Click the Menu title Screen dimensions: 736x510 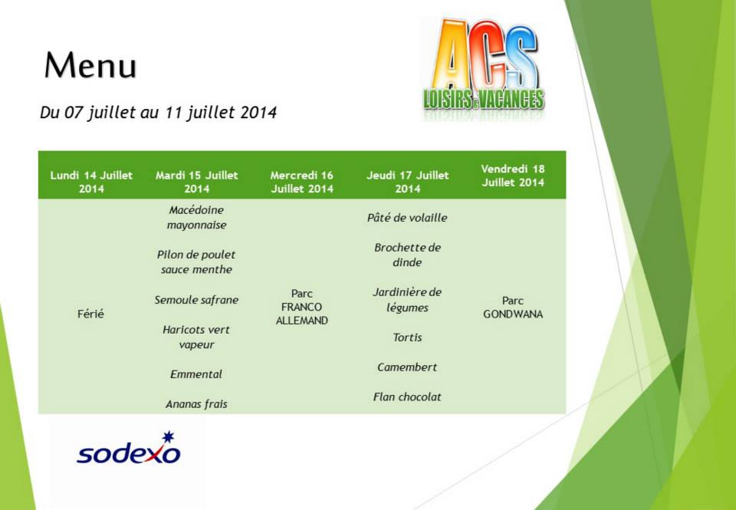coord(90,65)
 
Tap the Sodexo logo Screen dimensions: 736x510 coord(128,448)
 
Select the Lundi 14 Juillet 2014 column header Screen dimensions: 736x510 coord(91,182)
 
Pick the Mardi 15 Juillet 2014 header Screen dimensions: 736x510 coord(197,182)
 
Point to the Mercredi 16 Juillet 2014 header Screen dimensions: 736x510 coord(302,182)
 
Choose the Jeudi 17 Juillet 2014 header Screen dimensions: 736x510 coord(407,182)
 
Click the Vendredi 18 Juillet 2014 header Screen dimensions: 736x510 coord(513,176)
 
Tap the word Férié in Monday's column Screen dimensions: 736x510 coord(90,313)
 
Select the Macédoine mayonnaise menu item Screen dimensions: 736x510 coord(197,218)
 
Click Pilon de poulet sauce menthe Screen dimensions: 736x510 coord(196,262)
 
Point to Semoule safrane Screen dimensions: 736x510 coord(196,300)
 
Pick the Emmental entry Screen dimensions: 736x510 coord(196,374)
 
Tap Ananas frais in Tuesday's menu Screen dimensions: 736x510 coord(196,404)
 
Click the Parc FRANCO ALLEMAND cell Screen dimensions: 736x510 coord(302,307)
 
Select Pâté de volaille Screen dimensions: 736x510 coord(407,218)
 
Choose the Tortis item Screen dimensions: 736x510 coord(407,337)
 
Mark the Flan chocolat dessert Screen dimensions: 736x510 coord(407,396)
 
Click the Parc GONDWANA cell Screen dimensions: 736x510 coord(513,307)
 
